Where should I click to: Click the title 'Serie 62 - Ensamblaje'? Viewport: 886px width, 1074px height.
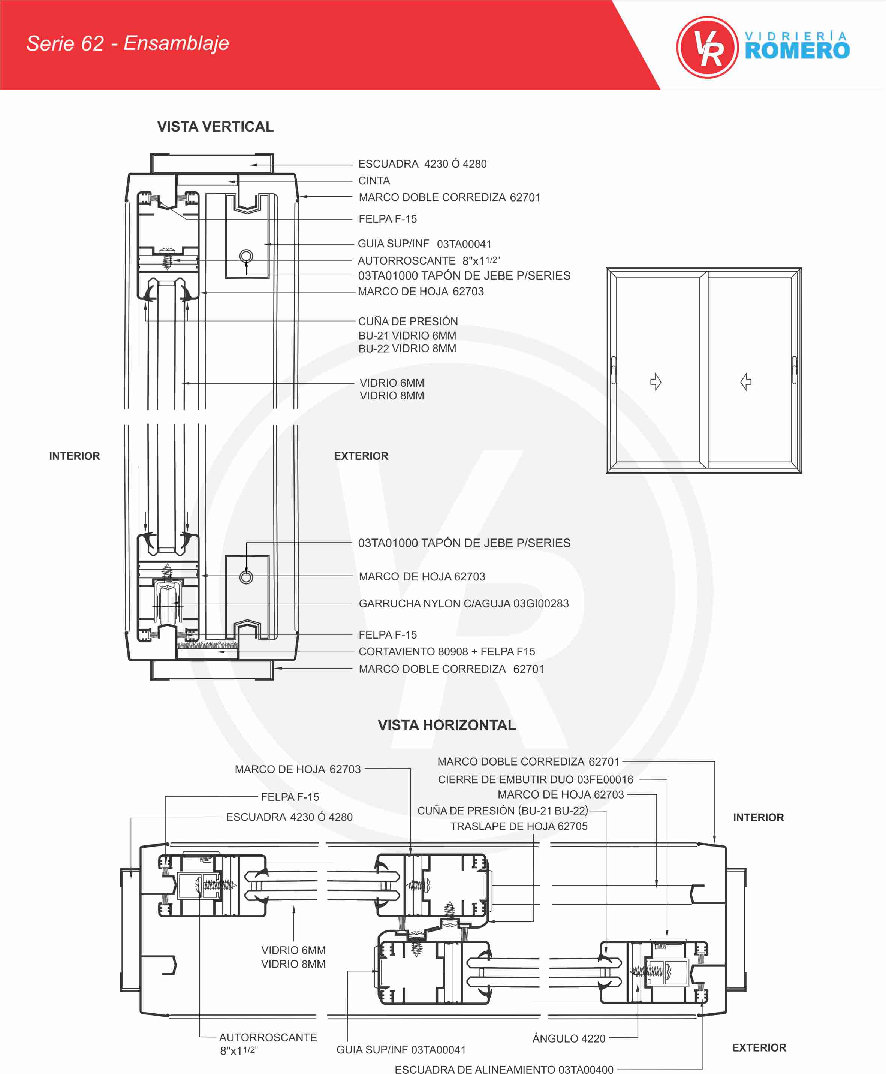click(x=127, y=43)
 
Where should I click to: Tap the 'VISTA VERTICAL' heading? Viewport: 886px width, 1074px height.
click(x=216, y=127)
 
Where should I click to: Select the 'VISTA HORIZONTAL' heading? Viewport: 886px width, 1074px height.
click(x=447, y=725)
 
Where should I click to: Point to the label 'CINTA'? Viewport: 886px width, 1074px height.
click(x=374, y=181)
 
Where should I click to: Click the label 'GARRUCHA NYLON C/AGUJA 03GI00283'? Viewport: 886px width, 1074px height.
click(x=463, y=604)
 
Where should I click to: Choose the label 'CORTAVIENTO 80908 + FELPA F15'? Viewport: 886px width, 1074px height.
click(x=447, y=652)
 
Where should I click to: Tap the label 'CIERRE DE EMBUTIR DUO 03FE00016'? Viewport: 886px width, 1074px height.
click(x=535, y=779)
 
